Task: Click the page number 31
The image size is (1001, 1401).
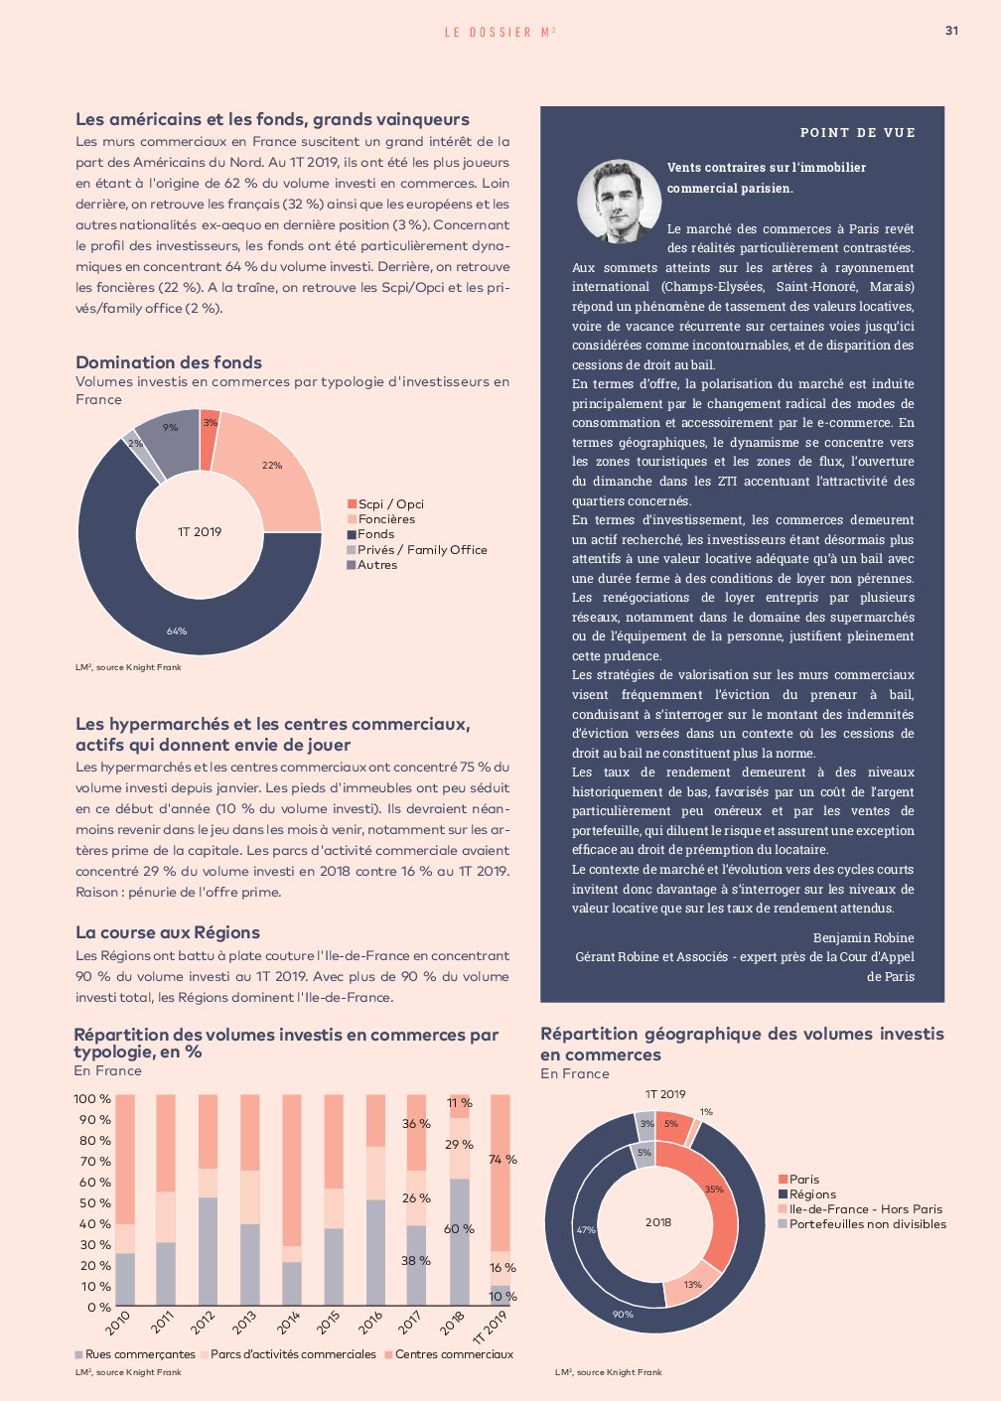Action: click(951, 31)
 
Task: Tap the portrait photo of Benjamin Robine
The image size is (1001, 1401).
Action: click(618, 202)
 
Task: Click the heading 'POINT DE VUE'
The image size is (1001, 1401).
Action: click(857, 133)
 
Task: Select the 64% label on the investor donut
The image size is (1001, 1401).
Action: click(177, 631)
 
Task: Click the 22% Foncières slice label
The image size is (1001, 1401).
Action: click(271, 466)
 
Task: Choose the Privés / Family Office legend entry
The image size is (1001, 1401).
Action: click(417, 550)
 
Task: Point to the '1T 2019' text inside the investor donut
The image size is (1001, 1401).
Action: click(200, 532)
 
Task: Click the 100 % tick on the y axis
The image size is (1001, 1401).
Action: click(92, 1098)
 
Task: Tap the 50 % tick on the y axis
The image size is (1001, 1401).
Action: click(95, 1202)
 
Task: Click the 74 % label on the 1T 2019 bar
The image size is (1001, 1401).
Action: click(502, 1160)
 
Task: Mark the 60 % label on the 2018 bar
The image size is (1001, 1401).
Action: click(459, 1229)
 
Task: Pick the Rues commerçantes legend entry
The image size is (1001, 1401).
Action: click(135, 1354)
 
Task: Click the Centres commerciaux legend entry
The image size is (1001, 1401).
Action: click(449, 1354)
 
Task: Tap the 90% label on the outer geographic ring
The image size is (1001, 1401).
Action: click(623, 1314)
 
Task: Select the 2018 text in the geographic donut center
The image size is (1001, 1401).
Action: click(658, 1222)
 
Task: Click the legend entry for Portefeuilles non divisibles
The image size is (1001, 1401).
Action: click(862, 1224)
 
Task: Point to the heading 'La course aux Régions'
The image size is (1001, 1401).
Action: click(168, 932)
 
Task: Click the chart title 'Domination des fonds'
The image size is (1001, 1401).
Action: click(169, 362)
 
